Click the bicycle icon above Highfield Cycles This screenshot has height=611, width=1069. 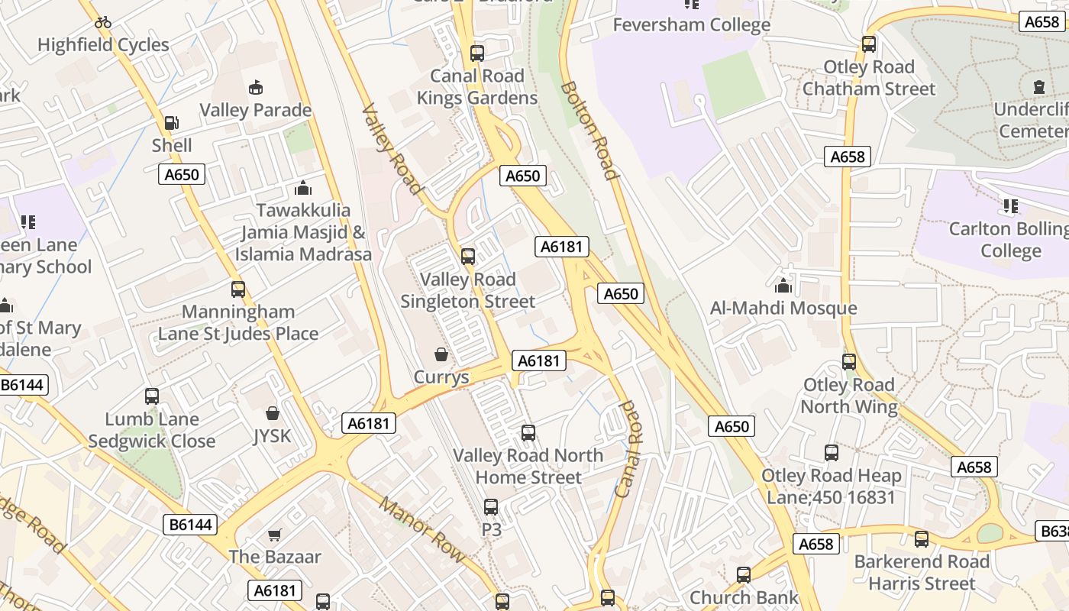[x=103, y=22]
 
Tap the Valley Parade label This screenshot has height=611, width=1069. [x=255, y=110]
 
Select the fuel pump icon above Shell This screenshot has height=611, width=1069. [x=172, y=123]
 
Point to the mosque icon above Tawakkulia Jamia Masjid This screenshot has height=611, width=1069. [x=303, y=188]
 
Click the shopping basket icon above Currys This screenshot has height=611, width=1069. [x=441, y=354]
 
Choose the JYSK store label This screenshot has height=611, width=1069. [x=272, y=436]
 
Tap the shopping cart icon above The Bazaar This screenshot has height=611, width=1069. [x=275, y=535]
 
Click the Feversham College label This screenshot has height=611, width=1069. [x=692, y=24]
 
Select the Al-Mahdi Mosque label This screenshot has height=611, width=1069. [x=783, y=309]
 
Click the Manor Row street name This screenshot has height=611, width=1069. [x=422, y=530]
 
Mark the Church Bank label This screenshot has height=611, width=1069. [x=744, y=597]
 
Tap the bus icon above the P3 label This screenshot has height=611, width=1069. [x=491, y=507]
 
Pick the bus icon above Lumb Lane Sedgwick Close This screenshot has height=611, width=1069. [x=152, y=396]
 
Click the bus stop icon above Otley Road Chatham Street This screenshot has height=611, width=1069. [x=869, y=44]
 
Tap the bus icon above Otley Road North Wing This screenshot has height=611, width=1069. [x=849, y=362]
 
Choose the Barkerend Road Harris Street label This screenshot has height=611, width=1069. [x=922, y=573]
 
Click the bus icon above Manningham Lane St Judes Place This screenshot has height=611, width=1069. [x=238, y=289]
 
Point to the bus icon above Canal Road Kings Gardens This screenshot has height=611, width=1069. [x=477, y=53]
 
